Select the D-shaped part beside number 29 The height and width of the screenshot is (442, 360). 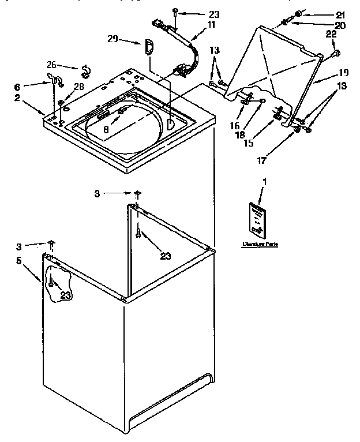[147, 46]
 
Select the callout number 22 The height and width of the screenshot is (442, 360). [331, 36]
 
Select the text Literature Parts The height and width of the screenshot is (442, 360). [260, 244]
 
